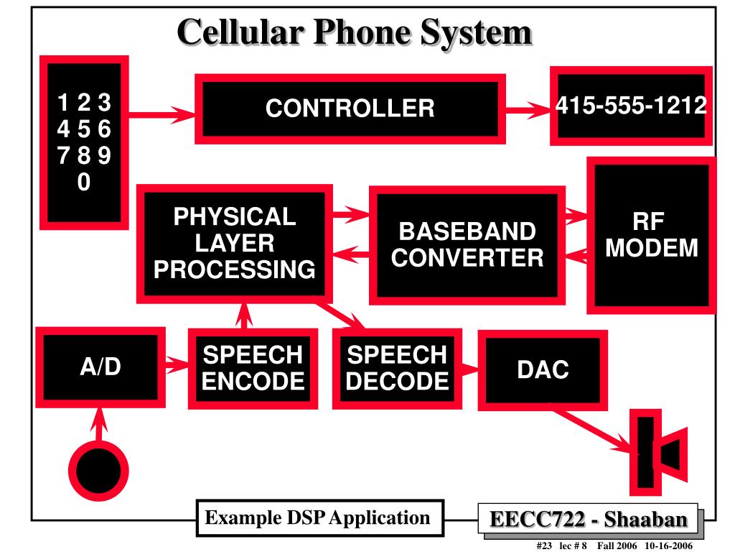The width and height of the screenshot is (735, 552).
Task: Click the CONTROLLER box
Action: (350, 109)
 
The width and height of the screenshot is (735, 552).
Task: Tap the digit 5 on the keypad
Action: (84, 129)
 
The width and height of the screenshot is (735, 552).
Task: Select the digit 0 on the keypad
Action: (84, 182)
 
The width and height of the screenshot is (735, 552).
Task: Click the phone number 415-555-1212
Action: (631, 105)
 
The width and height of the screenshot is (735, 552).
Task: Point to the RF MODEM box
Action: (652, 235)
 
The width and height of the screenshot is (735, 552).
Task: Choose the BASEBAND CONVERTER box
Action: (467, 245)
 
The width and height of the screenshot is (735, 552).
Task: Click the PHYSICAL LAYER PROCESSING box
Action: (235, 244)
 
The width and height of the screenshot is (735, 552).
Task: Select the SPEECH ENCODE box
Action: (253, 369)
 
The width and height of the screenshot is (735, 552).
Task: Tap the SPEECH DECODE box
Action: (397, 369)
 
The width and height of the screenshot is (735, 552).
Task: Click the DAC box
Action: (543, 370)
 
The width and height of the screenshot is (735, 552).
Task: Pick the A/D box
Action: (100, 367)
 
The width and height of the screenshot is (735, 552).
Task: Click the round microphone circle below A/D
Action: (98, 471)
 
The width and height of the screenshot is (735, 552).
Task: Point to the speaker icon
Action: (659, 453)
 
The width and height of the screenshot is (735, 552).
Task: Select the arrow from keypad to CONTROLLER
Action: (161, 114)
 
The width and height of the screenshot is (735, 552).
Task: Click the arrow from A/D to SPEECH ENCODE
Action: (177, 365)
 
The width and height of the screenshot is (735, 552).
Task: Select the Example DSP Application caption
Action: (318, 517)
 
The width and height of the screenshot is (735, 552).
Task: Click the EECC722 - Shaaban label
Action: (589, 520)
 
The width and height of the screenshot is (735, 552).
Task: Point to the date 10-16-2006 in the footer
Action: (668, 546)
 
